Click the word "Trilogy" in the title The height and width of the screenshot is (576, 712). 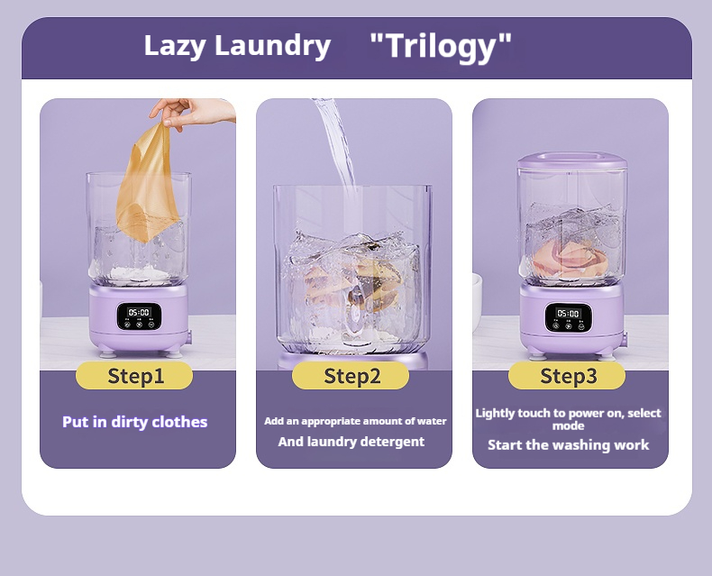pos(441,46)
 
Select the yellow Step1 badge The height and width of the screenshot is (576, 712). pos(134,376)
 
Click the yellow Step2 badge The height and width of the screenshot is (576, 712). pos(351,376)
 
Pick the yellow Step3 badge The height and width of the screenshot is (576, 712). pos(567,376)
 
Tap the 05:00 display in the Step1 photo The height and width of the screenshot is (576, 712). pos(139,313)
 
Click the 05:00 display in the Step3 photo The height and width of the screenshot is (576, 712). pos(568,314)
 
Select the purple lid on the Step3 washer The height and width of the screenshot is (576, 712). pos(572,160)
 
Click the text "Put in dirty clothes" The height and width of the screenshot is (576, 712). pos(135,422)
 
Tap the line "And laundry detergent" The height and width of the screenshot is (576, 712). pos(351,442)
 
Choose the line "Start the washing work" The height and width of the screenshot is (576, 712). pos(568,444)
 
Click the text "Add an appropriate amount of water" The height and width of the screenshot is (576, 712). pos(355,421)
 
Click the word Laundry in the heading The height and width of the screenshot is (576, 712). pos(272,46)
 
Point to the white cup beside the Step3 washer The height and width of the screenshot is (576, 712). pos(477,300)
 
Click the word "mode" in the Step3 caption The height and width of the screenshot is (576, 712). pos(568,426)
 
